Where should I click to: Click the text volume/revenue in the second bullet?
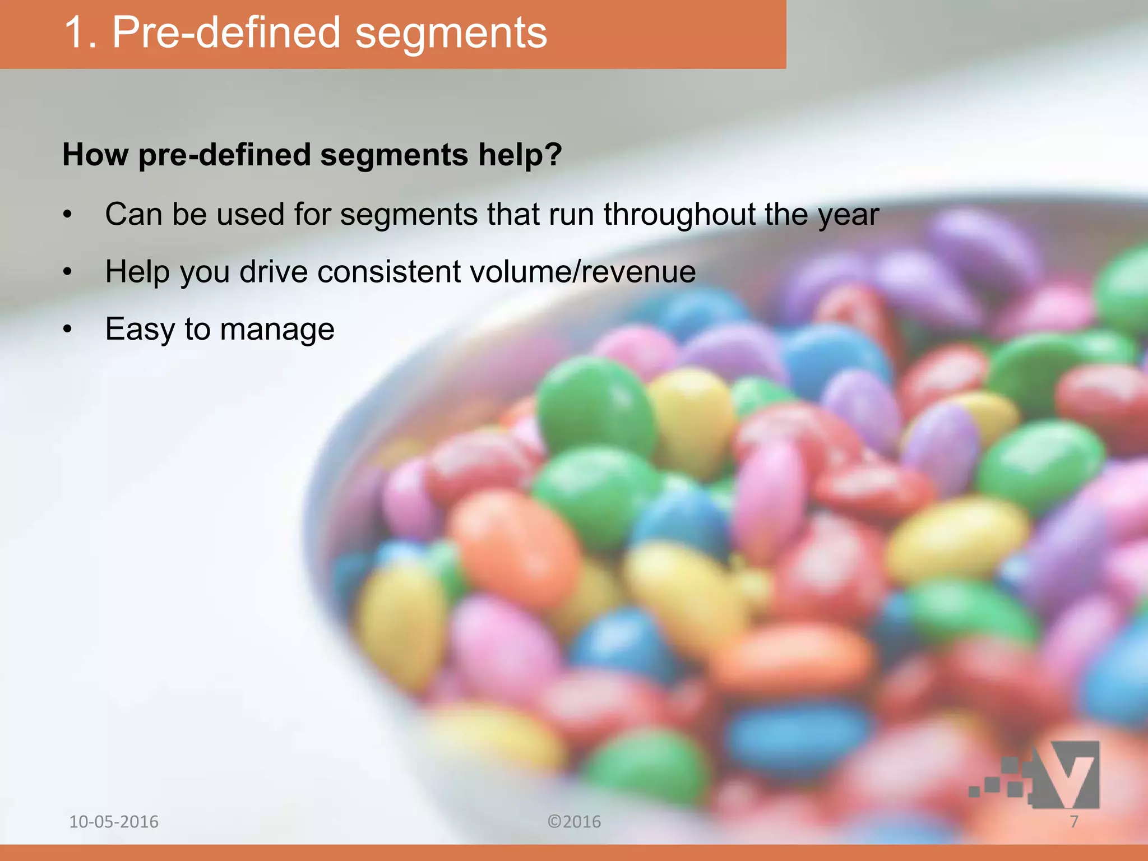tap(582, 272)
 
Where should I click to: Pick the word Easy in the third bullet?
tap(140, 330)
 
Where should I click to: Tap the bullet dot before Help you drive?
tap(68, 272)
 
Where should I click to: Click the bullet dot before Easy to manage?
tap(68, 330)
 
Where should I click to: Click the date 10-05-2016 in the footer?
tap(114, 822)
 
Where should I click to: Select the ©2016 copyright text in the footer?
tap(574, 822)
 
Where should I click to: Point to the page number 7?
tap(1074, 822)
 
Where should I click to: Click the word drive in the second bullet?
tap(274, 272)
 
